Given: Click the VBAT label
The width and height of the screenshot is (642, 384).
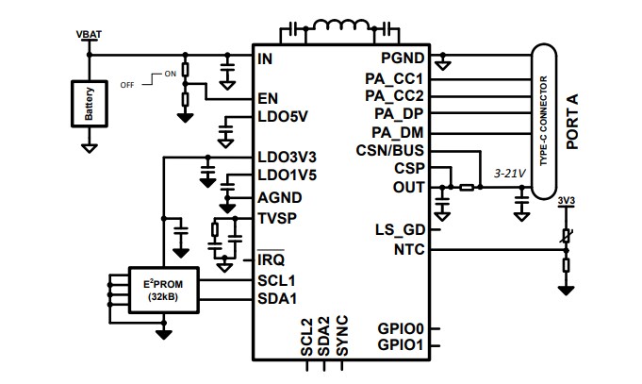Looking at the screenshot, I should (89, 35).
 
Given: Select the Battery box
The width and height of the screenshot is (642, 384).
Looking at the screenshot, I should (89, 104).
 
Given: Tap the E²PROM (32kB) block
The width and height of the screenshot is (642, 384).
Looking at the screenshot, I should (166, 290).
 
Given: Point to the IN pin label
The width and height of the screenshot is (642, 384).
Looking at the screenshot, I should (266, 58).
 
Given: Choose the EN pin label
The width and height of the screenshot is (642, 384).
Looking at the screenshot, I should (268, 98).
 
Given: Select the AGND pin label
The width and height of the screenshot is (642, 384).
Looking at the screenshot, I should (280, 197).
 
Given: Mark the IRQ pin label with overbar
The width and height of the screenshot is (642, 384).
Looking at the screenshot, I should (272, 259).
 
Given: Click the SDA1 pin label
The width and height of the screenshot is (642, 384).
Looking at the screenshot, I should (277, 298).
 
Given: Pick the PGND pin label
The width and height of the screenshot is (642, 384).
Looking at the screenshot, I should (404, 58).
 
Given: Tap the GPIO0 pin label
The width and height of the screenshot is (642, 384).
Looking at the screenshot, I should (402, 328).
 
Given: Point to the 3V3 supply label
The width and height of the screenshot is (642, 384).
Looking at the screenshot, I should (566, 201).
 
